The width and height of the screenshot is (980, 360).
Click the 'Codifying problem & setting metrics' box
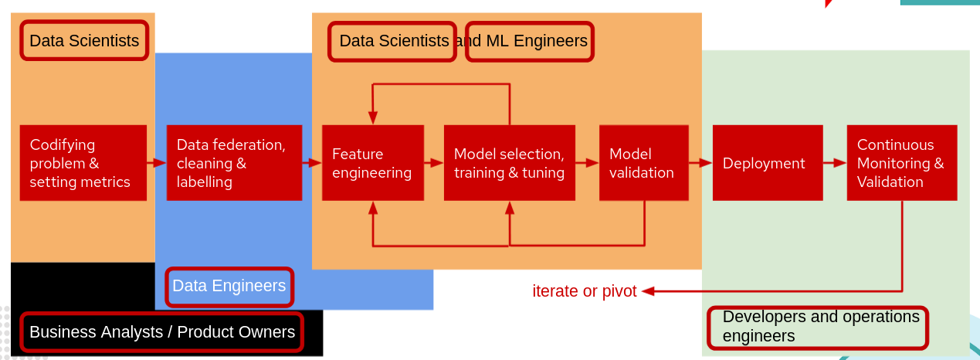[83, 163]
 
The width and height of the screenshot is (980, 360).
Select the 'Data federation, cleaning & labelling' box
[234, 163]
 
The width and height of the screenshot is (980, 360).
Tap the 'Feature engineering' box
[373, 163]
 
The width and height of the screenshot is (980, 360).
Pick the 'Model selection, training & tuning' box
[509, 163]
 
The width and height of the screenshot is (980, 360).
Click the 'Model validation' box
[643, 163]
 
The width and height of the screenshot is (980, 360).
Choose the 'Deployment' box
[767, 163]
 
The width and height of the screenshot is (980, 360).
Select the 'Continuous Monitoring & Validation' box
[901, 163]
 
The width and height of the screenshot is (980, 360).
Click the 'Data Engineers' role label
[229, 286]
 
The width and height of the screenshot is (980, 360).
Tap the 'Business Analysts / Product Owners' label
[161, 332]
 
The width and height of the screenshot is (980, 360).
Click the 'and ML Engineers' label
[530, 41]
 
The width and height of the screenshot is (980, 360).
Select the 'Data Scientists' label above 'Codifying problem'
[84, 41]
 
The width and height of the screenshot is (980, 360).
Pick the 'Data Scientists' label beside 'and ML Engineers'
[392, 41]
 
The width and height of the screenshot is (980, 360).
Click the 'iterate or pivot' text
[585, 291]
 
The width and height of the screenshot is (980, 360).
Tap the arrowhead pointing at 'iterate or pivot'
[648, 291]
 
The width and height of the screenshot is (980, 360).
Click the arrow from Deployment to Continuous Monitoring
[834, 163]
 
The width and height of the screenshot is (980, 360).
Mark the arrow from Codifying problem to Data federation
[157, 163]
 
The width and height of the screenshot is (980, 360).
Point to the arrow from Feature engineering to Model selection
[434, 163]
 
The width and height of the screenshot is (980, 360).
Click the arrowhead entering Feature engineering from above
[373, 117]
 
